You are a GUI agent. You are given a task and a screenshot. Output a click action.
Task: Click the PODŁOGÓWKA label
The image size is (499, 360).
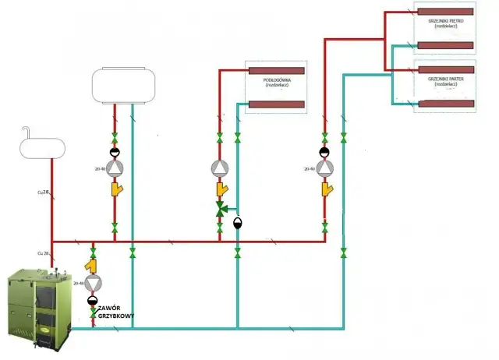click(x=278, y=78)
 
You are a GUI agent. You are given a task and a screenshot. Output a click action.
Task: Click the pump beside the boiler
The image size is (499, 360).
click(x=93, y=282)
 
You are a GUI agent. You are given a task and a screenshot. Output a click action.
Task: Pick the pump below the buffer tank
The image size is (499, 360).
click(x=115, y=168)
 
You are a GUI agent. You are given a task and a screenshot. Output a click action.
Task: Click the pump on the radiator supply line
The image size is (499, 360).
click(x=325, y=168)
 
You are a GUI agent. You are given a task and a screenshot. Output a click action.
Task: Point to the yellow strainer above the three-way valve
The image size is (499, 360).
click(x=222, y=189)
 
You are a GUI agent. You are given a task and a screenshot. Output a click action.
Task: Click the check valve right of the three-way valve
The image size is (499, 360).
click(x=238, y=222)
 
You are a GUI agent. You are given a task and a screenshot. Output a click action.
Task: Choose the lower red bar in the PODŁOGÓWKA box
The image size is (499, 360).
click(x=278, y=104)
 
